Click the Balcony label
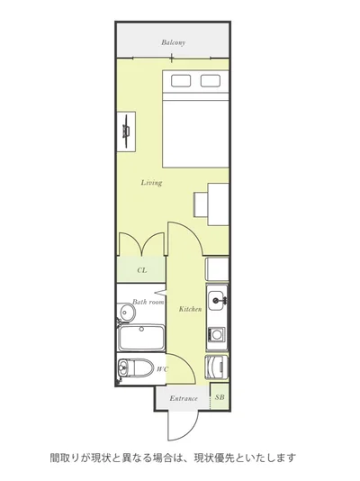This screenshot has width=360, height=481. [x=174, y=42]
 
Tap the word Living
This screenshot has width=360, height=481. [x=151, y=183]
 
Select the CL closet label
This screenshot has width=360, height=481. [x=142, y=270]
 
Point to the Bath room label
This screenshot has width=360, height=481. [x=148, y=302]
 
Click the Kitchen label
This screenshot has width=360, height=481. [x=190, y=309]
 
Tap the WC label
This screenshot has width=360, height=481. [x=162, y=369]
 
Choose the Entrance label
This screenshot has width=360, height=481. [x=184, y=398]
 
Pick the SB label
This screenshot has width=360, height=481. [x=220, y=397]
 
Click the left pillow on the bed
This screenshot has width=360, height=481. [x=181, y=81]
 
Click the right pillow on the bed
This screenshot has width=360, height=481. [x=211, y=81]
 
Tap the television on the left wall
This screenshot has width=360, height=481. [x=127, y=132]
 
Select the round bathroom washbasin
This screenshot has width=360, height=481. [x=127, y=313]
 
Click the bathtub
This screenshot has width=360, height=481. [x=142, y=338]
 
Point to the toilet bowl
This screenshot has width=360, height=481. [x=136, y=368]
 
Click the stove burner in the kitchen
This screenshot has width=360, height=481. [x=217, y=335]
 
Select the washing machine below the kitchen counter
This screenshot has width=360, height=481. [x=217, y=368]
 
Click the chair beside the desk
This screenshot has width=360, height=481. [x=201, y=204]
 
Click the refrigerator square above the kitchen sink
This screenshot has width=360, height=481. [x=217, y=269]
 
